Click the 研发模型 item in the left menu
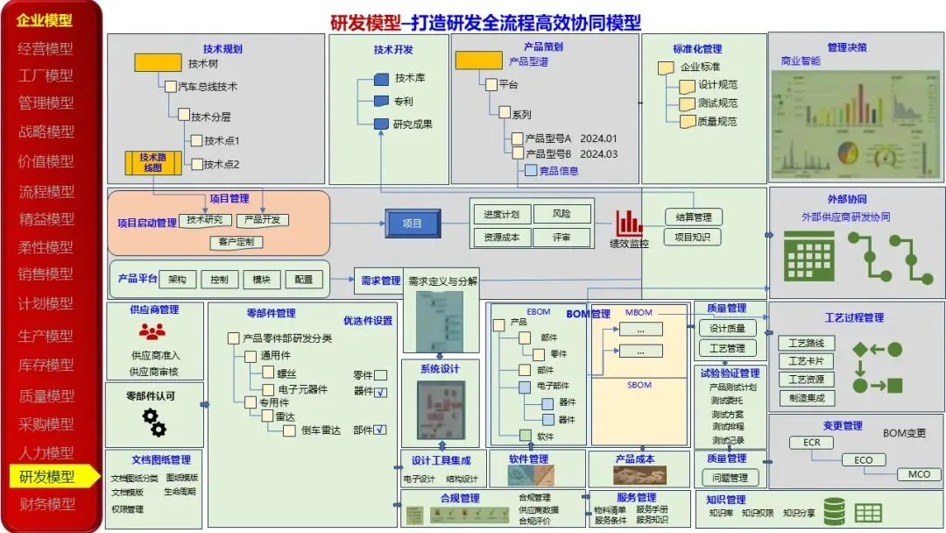click(x=47, y=477)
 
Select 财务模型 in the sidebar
click(x=47, y=505)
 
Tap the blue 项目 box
click(x=413, y=224)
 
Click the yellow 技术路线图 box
click(x=152, y=162)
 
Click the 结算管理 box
click(x=693, y=217)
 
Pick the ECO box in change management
click(x=863, y=459)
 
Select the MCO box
click(x=918, y=474)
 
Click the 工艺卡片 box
click(x=806, y=361)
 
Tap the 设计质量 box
click(x=726, y=328)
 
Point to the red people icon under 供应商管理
click(x=152, y=331)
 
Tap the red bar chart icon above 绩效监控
click(x=628, y=223)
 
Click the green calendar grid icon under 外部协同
click(x=808, y=255)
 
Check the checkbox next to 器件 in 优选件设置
click(x=381, y=393)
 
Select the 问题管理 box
click(x=726, y=478)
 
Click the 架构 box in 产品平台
click(x=177, y=280)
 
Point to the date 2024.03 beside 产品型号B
click(x=598, y=154)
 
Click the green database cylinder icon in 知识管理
click(x=834, y=510)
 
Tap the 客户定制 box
click(x=236, y=241)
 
